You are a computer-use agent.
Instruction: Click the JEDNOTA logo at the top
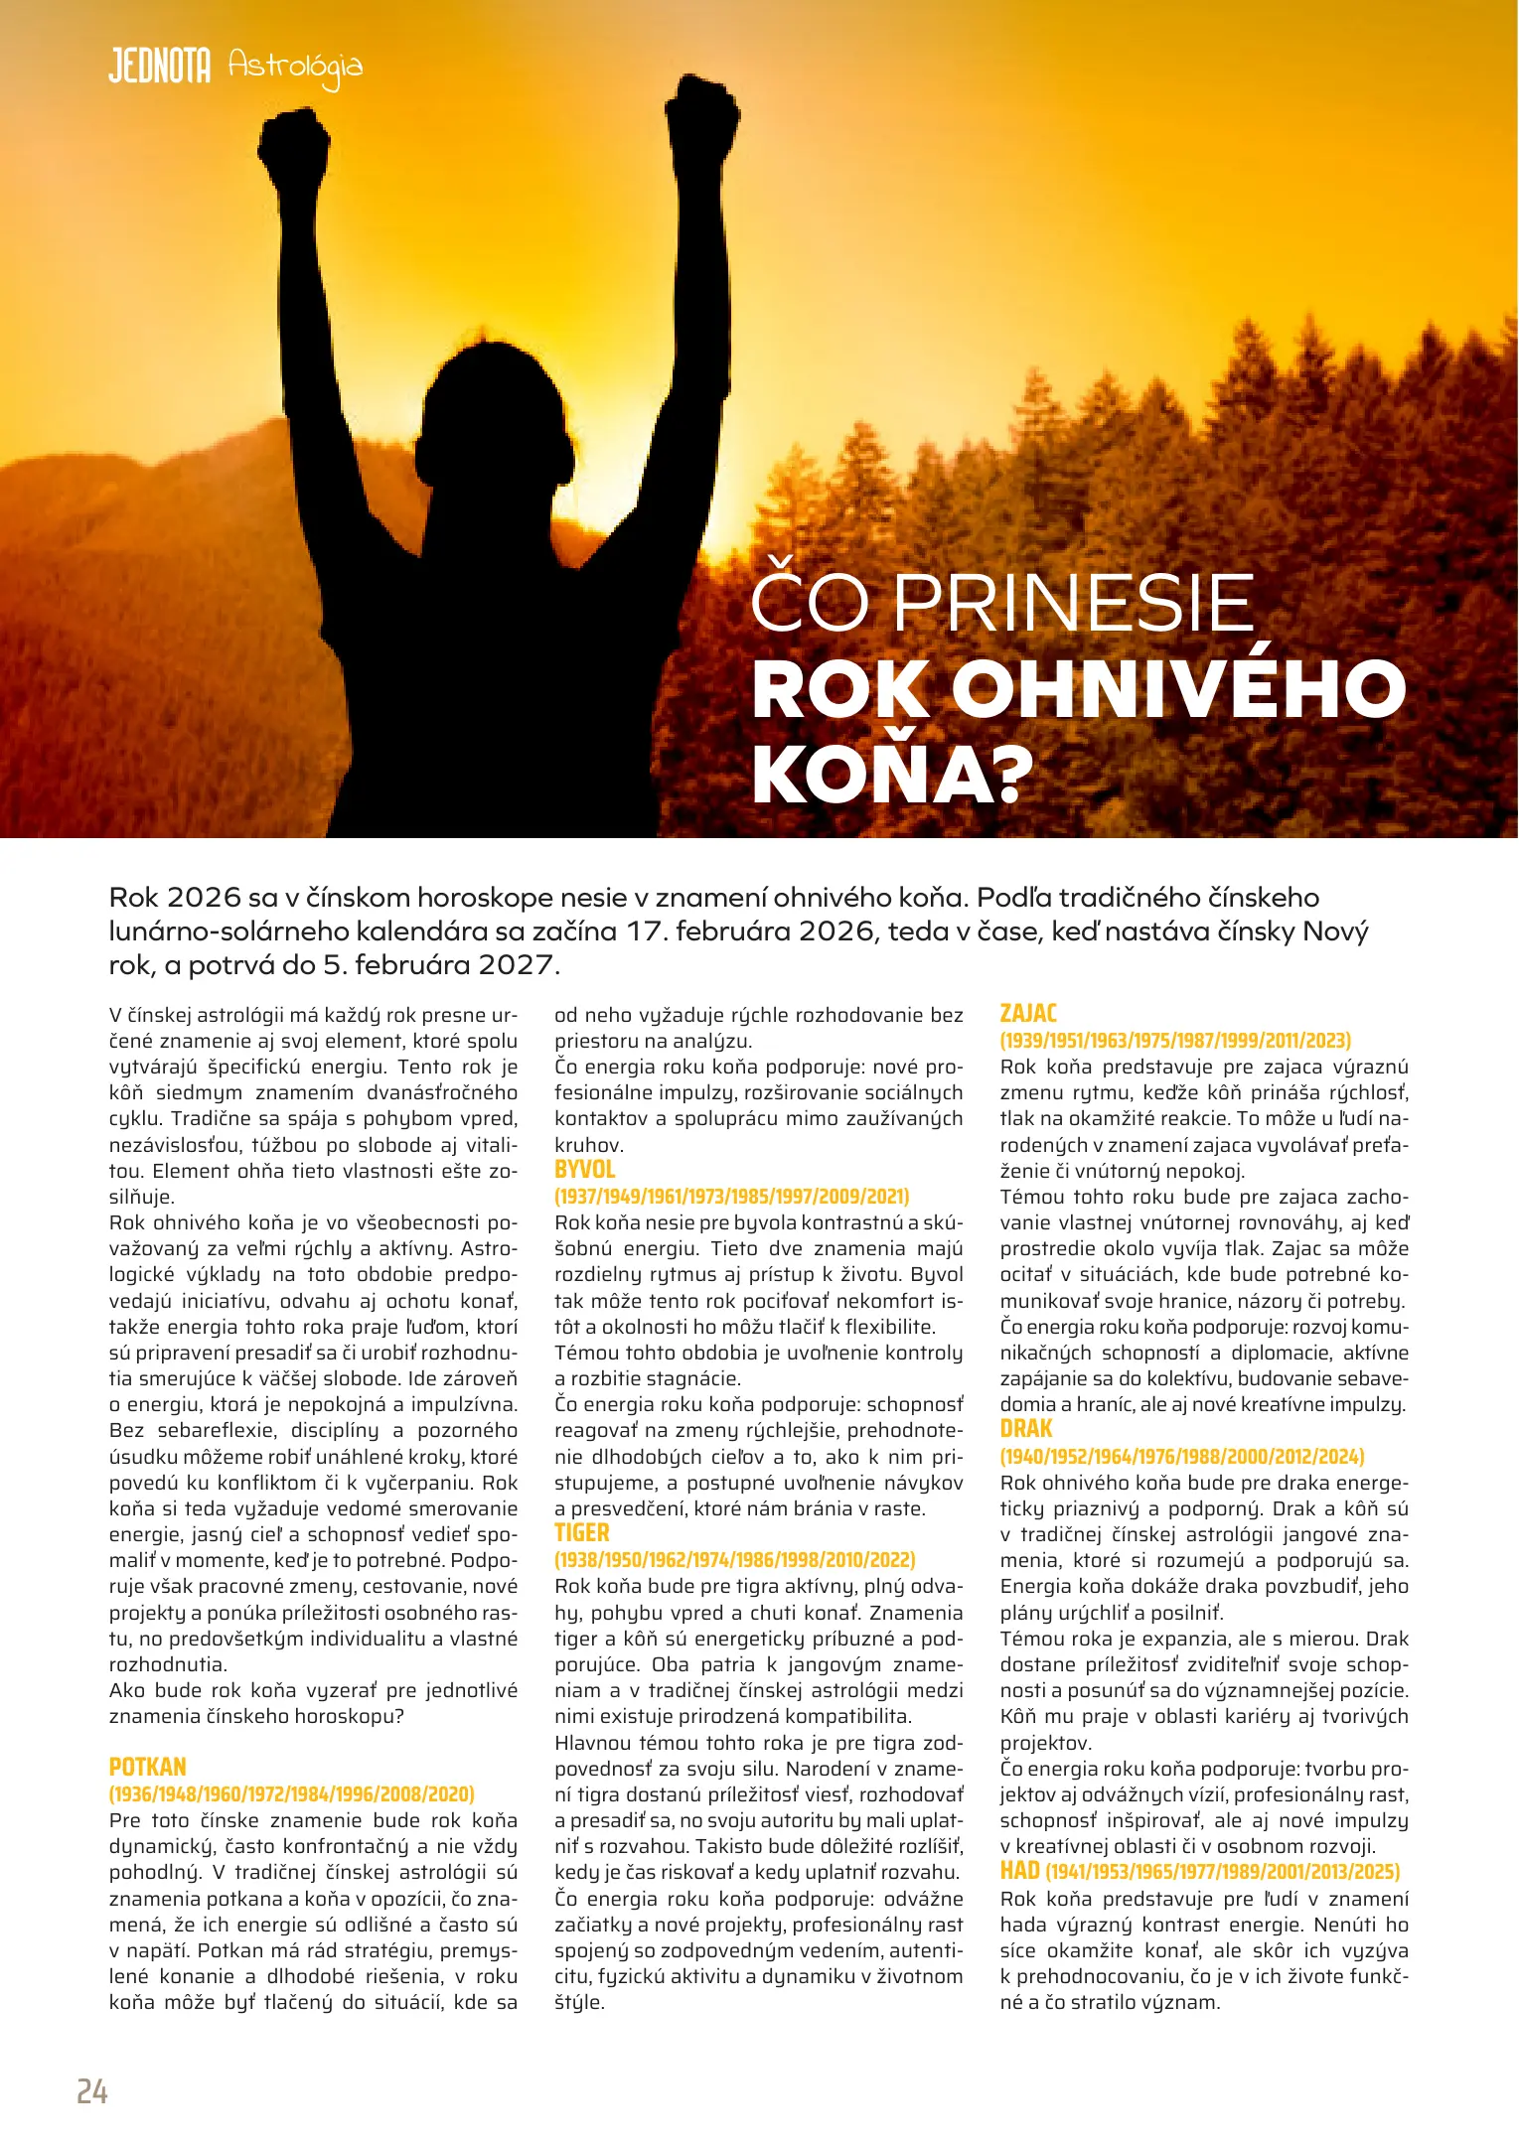coord(159,67)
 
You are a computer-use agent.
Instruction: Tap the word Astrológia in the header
coord(295,68)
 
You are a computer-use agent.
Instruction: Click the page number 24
coord(92,2091)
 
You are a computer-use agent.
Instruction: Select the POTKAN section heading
coord(148,1767)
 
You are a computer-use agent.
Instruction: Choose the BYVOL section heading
coord(584,1170)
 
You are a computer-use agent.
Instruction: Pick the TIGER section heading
coord(582,1533)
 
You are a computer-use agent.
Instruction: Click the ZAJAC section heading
coord(1028,1014)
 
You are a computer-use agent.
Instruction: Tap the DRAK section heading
coord(1026,1429)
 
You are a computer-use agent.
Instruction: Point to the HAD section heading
coord(1019,1871)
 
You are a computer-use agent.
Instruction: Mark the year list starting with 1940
coord(1182,1456)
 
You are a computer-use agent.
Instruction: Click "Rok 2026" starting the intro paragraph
coord(175,898)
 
